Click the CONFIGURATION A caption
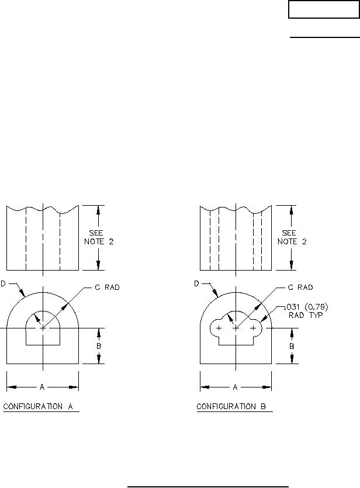(38, 406)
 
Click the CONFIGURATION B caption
(231, 406)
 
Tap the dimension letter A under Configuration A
(42, 387)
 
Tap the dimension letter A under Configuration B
(236, 387)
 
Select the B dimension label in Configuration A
(99, 346)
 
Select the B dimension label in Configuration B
(292, 346)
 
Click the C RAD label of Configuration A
(107, 288)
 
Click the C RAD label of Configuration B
(300, 288)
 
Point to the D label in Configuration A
(3, 283)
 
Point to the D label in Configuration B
(196, 283)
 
